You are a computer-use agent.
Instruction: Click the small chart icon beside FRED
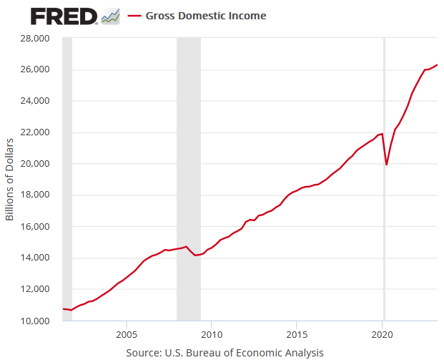pos(111,15)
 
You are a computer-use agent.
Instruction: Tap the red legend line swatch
pos(134,15)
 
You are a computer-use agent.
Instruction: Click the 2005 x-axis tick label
pos(127,334)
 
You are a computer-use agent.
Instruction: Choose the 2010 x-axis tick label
pos(212,334)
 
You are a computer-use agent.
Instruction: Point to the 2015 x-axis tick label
pos(297,334)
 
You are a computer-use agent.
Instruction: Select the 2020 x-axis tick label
pos(383,334)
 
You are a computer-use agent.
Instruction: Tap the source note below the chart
pos(225,352)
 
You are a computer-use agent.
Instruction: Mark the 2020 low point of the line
pos(387,165)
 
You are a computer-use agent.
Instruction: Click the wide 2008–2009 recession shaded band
pos(189,179)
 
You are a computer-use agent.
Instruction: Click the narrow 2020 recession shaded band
pos(385,215)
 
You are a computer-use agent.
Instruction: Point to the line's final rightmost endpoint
pos(438,65)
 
